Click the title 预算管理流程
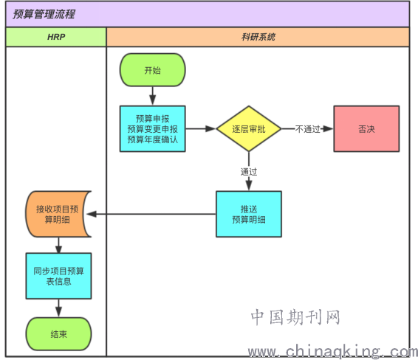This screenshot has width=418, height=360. (x=44, y=14)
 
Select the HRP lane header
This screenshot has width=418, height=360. (x=56, y=37)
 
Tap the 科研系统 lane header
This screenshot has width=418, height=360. (x=258, y=37)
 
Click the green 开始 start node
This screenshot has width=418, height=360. (x=152, y=70)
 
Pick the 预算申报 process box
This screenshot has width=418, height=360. (x=152, y=129)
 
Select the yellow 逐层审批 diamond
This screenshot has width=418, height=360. (x=249, y=129)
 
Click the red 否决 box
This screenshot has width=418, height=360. (x=366, y=129)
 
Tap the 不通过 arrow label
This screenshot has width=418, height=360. (x=307, y=129)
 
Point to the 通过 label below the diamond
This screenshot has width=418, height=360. (x=249, y=172)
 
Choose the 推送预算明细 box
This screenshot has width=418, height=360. (x=249, y=214)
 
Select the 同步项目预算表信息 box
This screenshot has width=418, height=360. (x=58, y=276)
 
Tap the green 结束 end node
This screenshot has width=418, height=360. (x=58, y=334)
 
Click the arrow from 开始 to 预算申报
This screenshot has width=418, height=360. (x=152, y=96)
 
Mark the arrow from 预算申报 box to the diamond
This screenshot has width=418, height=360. (x=200, y=129)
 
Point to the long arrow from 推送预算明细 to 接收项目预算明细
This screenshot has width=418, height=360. (x=151, y=214)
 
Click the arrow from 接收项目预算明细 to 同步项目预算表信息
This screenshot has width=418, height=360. (x=58, y=245)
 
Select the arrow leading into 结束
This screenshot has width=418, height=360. (x=58, y=308)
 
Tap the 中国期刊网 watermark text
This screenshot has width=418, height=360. (x=295, y=317)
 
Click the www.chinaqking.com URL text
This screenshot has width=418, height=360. (x=332, y=351)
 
